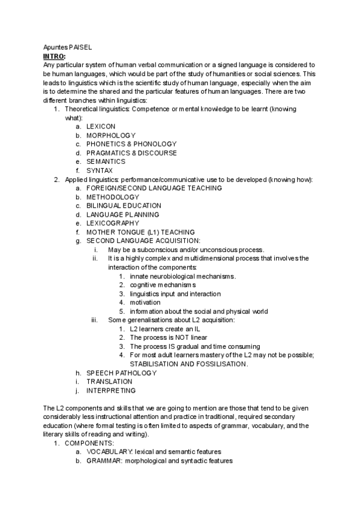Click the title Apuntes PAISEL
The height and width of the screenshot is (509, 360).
[x=68, y=47]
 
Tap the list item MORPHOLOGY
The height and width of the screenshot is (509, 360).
[x=110, y=136]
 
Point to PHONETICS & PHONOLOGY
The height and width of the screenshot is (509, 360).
[x=131, y=144]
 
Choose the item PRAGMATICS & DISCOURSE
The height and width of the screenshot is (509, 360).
[x=131, y=153]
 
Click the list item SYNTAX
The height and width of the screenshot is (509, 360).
[x=100, y=170]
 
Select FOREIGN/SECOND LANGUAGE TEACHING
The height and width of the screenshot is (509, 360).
[x=154, y=188]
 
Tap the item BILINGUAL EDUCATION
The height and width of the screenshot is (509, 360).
[x=124, y=205]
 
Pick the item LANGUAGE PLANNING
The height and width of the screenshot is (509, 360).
[x=122, y=214]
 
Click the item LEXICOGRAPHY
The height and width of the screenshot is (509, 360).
[x=113, y=223]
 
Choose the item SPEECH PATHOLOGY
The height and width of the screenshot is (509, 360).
[x=121, y=373]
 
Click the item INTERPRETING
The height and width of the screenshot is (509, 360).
[x=112, y=390]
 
